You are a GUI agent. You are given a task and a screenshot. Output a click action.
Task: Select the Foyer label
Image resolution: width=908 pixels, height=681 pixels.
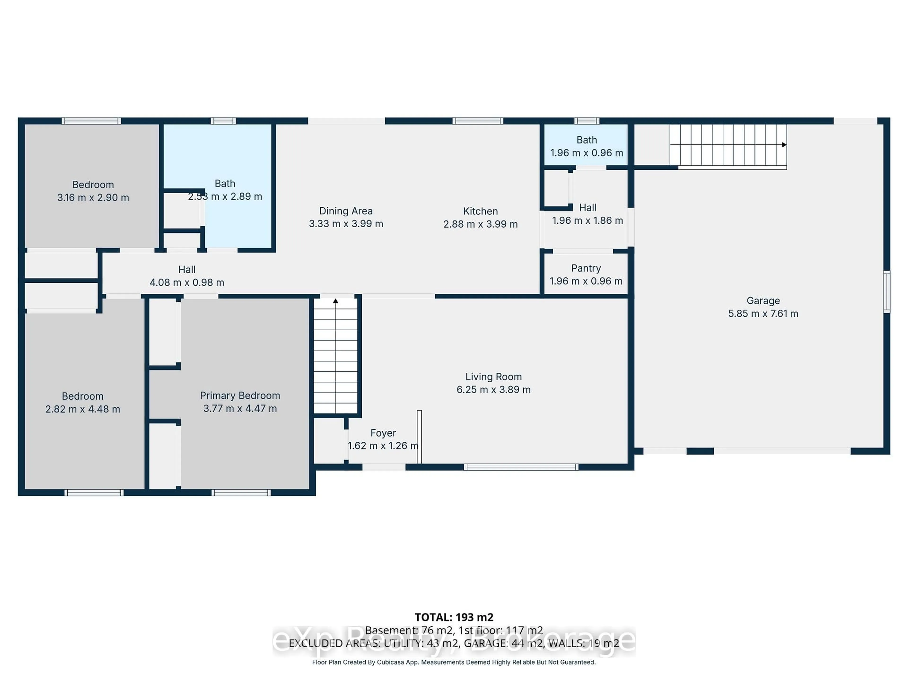(x=383, y=433)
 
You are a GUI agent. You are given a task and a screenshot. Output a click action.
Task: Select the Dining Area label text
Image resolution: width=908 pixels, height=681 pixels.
(x=346, y=211)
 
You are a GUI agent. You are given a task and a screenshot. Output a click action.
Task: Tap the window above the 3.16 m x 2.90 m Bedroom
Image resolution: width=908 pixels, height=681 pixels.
(x=91, y=121)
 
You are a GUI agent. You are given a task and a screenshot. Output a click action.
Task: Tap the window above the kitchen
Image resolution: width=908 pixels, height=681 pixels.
(x=478, y=121)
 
